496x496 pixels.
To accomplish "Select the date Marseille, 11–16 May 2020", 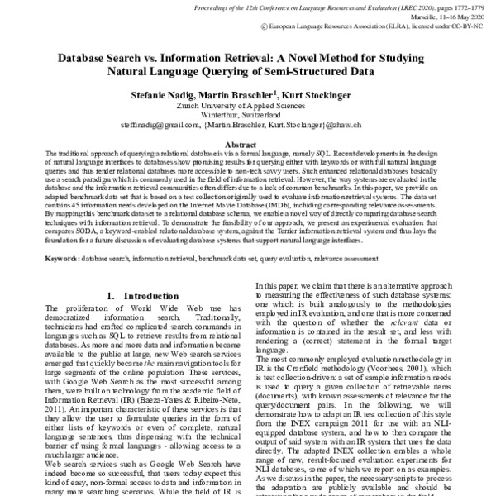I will [441, 15].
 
